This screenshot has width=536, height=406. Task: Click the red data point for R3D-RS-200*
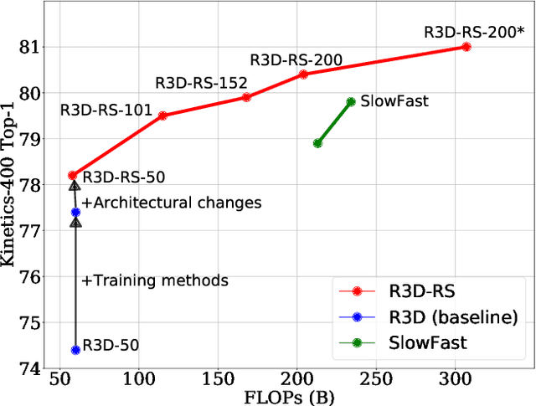coord(466,47)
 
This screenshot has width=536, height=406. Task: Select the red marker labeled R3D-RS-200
coord(303,75)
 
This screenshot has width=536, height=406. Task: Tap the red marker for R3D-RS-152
coord(246,97)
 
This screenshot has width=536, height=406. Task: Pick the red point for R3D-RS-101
coord(162,116)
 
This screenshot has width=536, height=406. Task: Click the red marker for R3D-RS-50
coord(72,176)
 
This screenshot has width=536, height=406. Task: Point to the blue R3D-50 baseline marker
coord(75,350)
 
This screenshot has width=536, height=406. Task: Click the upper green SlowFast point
coord(351,101)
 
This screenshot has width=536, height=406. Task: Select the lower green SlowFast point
coord(317,143)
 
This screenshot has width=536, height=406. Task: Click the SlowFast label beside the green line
coord(394,101)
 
